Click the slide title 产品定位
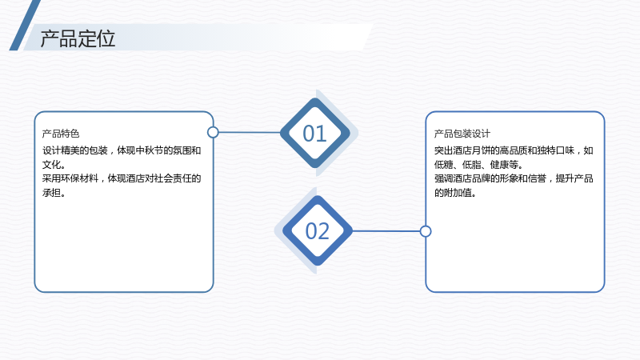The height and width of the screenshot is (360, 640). click(78, 38)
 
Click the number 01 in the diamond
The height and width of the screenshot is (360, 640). click(314, 134)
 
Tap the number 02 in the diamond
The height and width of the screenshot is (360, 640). click(317, 231)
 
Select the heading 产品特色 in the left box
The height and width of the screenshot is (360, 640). click(61, 134)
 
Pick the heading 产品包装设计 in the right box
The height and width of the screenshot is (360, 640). click(462, 134)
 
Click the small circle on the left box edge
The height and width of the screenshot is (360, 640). click(213, 132)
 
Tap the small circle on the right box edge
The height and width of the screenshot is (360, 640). click(426, 231)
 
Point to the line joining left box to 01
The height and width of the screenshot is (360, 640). click(250, 132)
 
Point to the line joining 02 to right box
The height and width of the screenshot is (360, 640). click(386, 231)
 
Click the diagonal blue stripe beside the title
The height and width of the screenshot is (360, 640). click(25, 26)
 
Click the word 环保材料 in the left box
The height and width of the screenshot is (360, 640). click(79, 178)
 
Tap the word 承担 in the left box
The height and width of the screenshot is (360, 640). click(51, 192)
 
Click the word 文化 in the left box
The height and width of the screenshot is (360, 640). click(51, 165)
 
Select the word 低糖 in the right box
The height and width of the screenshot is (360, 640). click(443, 165)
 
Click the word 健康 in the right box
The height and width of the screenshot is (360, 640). click(499, 165)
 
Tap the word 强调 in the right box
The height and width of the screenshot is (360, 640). click(443, 178)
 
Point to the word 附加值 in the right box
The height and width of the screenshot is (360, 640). click(457, 192)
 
